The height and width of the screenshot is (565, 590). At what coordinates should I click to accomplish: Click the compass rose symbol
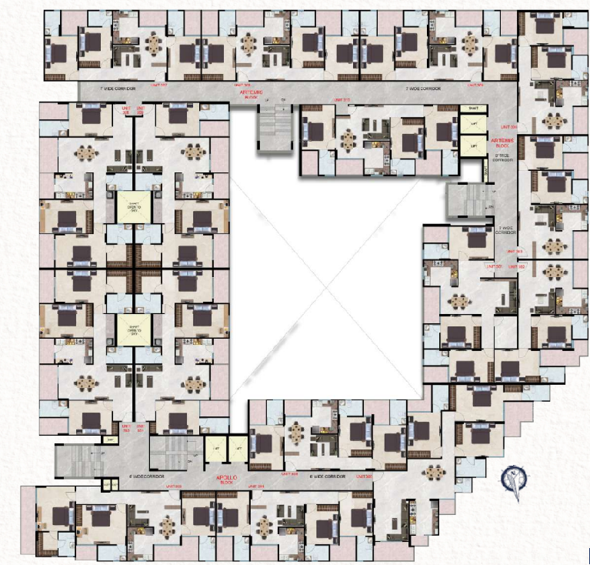click(x=513, y=480)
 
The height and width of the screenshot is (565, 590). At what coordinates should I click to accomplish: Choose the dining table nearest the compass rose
click(x=435, y=471)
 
